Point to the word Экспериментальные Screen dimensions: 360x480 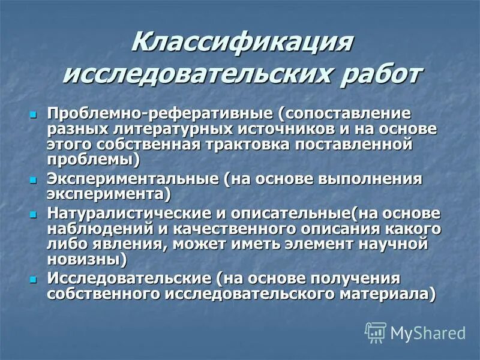coord(133,179)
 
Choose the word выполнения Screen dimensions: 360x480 coord(377,179)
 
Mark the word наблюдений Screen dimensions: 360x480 coord(105,229)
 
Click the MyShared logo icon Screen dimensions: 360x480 coord(376,331)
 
